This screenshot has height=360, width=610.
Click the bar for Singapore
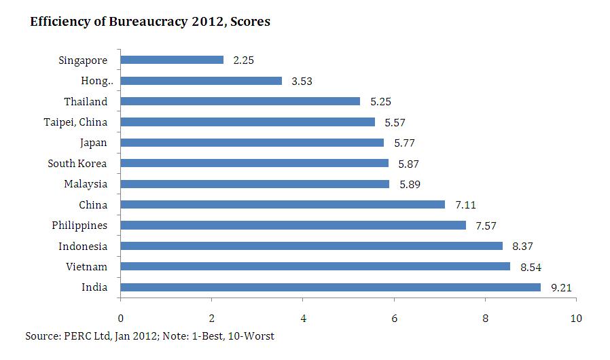coord(172,60)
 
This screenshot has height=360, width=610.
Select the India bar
coord(330,287)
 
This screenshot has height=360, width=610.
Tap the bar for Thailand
coord(240,101)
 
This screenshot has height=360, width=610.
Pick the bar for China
coord(283,204)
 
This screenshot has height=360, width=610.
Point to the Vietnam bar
coord(315,266)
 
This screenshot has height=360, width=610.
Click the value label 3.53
coord(301,82)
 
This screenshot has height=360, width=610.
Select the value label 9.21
coord(560,288)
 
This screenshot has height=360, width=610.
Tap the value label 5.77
coord(403,143)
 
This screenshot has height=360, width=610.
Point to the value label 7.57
coord(486,226)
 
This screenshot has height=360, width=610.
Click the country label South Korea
coord(77,164)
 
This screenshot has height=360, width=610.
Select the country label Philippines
coord(79,226)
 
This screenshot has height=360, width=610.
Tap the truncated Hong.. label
coord(94,82)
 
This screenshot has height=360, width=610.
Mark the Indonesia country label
coord(83,247)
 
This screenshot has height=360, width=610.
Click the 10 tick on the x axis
coord(577,318)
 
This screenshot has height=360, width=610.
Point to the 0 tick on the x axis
coord(120,318)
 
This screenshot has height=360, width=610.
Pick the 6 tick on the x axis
coord(394,318)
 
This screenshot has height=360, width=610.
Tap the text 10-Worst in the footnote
coord(253,336)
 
